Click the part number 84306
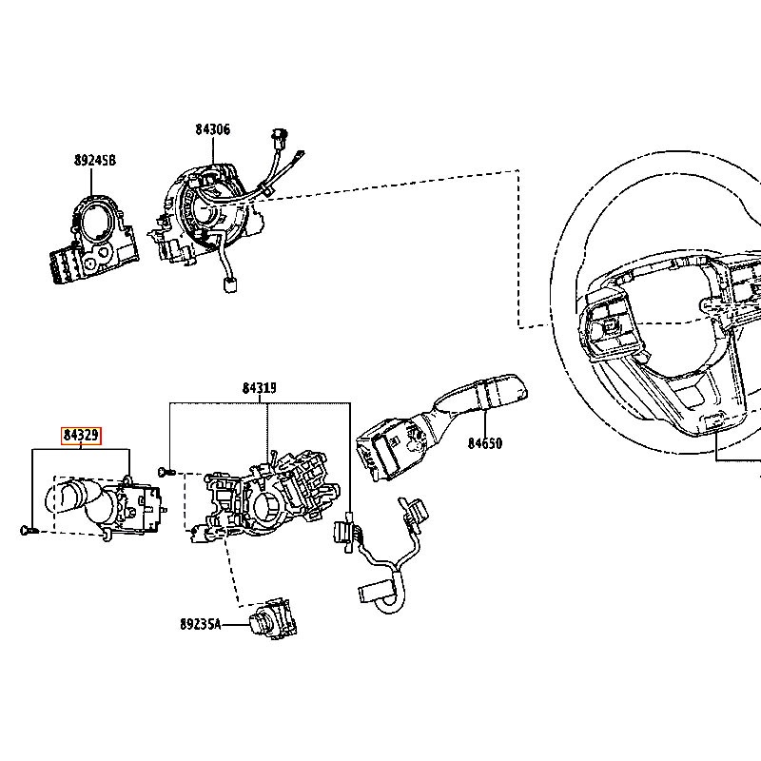pyautogui.click(x=212, y=129)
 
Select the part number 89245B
pyautogui.click(x=95, y=160)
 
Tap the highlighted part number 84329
pyautogui.click(x=81, y=436)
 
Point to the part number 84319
pyautogui.click(x=260, y=388)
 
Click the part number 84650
pyautogui.click(x=485, y=443)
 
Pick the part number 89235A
pyautogui.click(x=201, y=624)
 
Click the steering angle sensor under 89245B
pyautogui.click(x=95, y=238)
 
